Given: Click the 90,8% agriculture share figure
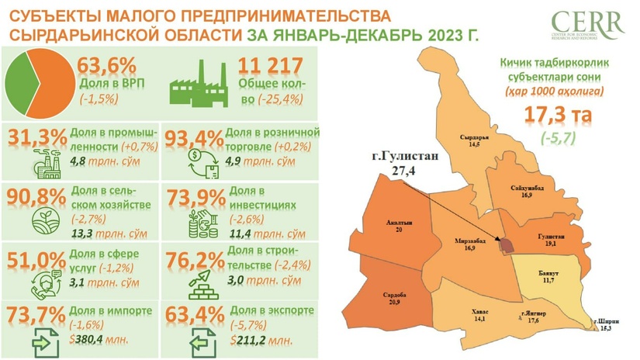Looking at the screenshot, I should (36, 194).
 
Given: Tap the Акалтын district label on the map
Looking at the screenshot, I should (398, 226).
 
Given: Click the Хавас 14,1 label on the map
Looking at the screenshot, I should (480, 313).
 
